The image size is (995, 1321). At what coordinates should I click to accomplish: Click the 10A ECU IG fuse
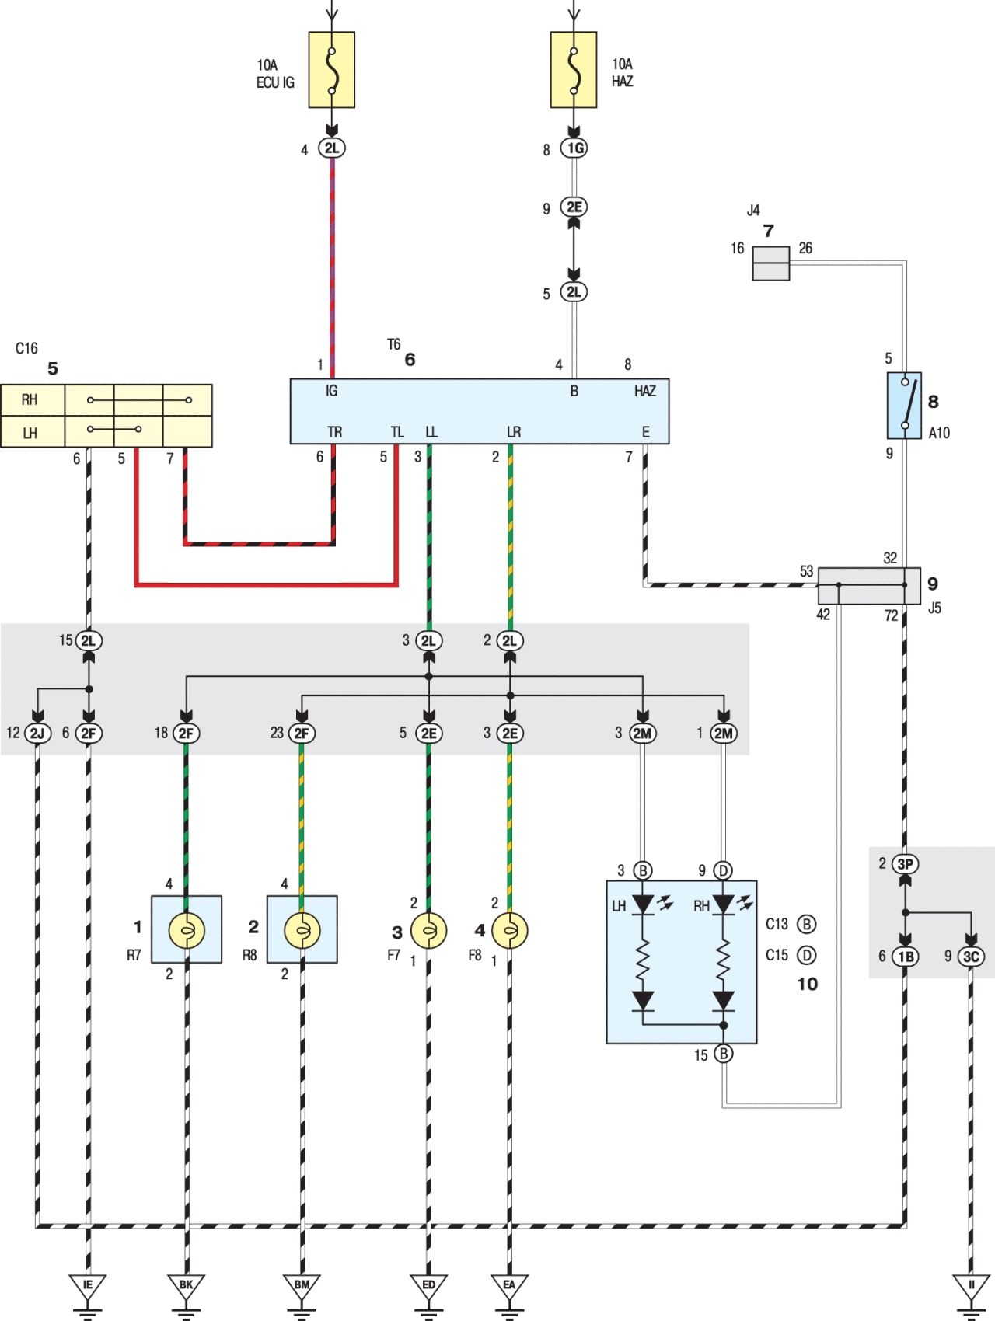tap(332, 69)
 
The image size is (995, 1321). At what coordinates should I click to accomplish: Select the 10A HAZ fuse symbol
tap(574, 69)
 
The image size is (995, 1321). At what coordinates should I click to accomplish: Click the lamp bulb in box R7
tap(187, 930)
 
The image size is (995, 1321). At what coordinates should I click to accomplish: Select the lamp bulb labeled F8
tap(510, 930)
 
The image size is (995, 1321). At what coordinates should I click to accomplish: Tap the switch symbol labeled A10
tap(905, 405)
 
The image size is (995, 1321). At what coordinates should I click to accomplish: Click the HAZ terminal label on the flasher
tap(645, 391)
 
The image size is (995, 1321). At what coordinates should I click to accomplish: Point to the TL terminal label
tap(397, 432)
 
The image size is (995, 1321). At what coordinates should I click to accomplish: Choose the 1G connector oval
tap(574, 148)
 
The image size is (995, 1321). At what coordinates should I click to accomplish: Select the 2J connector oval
tap(37, 733)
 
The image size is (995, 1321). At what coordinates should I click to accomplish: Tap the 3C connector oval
tap(971, 957)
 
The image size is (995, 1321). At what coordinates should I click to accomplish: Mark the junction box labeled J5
tap(869, 586)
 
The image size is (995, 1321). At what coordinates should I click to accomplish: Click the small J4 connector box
tap(771, 263)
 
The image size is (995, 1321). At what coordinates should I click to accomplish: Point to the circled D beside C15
tap(807, 955)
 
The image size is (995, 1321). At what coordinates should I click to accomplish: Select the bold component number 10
tap(808, 984)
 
